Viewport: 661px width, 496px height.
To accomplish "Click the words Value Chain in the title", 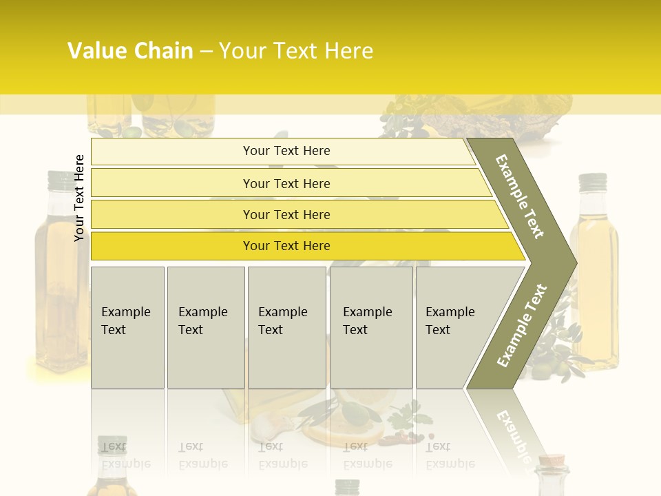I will (x=130, y=51).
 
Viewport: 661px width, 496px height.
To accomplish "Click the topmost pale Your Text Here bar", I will (x=286, y=151).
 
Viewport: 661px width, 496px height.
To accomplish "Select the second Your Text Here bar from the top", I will (x=286, y=183).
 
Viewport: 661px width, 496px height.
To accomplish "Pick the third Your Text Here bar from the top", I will (x=286, y=214).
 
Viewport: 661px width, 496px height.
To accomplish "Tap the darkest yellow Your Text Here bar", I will (x=286, y=246).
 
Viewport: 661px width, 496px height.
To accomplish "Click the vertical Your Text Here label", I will (x=79, y=198).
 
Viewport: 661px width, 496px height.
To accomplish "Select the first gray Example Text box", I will (x=127, y=327).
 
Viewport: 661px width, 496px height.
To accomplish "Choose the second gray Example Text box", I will (x=205, y=327).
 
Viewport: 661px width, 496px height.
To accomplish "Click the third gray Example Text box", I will (x=286, y=327).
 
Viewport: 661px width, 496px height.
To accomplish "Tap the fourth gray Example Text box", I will (x=370, y=327).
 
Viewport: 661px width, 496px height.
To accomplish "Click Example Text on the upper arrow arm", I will (x=520, y=196).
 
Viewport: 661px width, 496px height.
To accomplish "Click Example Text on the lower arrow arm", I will (x=522, y=325).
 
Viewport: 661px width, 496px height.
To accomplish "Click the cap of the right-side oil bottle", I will (x=592, y=181).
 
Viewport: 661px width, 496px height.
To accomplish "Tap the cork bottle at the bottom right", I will (x=552, y=475).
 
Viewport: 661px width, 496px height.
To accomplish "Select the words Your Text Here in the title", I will (x=296, y=51).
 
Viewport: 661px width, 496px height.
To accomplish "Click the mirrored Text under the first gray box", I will (x=114, y=446).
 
